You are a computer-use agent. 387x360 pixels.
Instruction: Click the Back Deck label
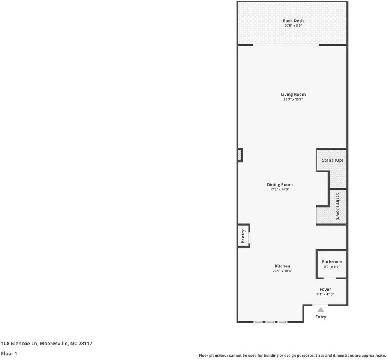pyautogui.click(x=293, y=21)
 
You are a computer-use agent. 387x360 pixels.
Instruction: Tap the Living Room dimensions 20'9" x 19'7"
pyautogui.click(x=293, y=99)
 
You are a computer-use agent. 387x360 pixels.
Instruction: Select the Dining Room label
pyautogui.click(x=280, y=184)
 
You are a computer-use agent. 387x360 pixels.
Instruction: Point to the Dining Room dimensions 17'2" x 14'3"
pyautogui.click(x=280, y=190)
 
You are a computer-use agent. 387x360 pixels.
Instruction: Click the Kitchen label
pyautogui.click(x=282, y=266)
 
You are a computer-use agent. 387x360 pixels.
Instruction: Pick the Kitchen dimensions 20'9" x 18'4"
pyautogui.click(x=282, y=271)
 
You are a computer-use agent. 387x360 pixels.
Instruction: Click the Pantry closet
pyautogui.click(x=243, y=236)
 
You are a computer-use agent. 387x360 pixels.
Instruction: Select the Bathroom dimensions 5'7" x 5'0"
pyautogui.click(x=332, y=267)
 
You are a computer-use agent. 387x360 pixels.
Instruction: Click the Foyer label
pyautogui.click(x=325, y=289)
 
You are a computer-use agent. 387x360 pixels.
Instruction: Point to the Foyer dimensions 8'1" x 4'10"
pyautogui.click(x=325, y=294)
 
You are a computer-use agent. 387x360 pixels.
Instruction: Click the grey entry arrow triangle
pyautogui.click(x=321, y=309)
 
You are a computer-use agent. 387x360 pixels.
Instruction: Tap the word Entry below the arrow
pyautogui.click(x=321, y=317)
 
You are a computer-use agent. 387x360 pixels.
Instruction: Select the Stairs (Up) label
pyautogui.click(x=332, y=160)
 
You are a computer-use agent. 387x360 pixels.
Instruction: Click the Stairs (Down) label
pyautogui.click(x=338, y=207)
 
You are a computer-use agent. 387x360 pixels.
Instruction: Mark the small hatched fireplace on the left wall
pyautogui.click(x=240, y=155)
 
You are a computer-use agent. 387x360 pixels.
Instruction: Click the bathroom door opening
pyautogui.click(x=330, y=278)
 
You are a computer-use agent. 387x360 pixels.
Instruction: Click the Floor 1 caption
pyautogui.click(x=9, y=353)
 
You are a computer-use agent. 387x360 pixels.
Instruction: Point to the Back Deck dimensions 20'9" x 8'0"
pyautogui.click(x=293, y=25)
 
